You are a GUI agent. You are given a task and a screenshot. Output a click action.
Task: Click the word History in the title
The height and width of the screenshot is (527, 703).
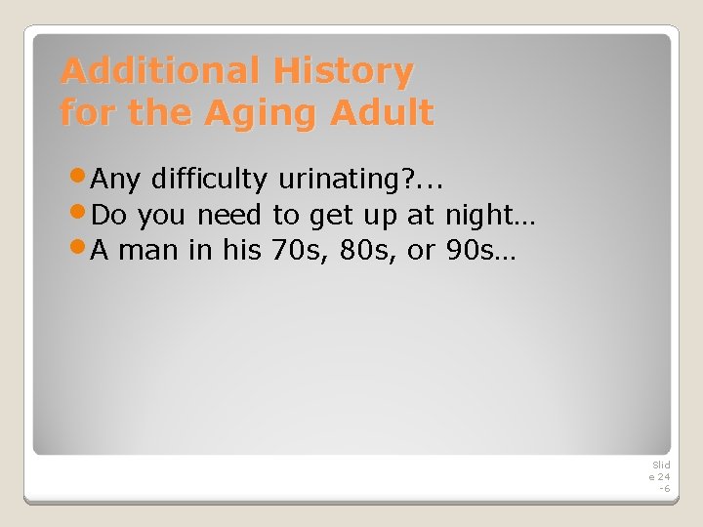pos(343,71)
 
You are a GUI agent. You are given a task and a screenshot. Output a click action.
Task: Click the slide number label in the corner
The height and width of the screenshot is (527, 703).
pos(660,476)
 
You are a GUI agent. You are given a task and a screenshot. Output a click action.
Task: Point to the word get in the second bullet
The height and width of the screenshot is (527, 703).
pos(329,216)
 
